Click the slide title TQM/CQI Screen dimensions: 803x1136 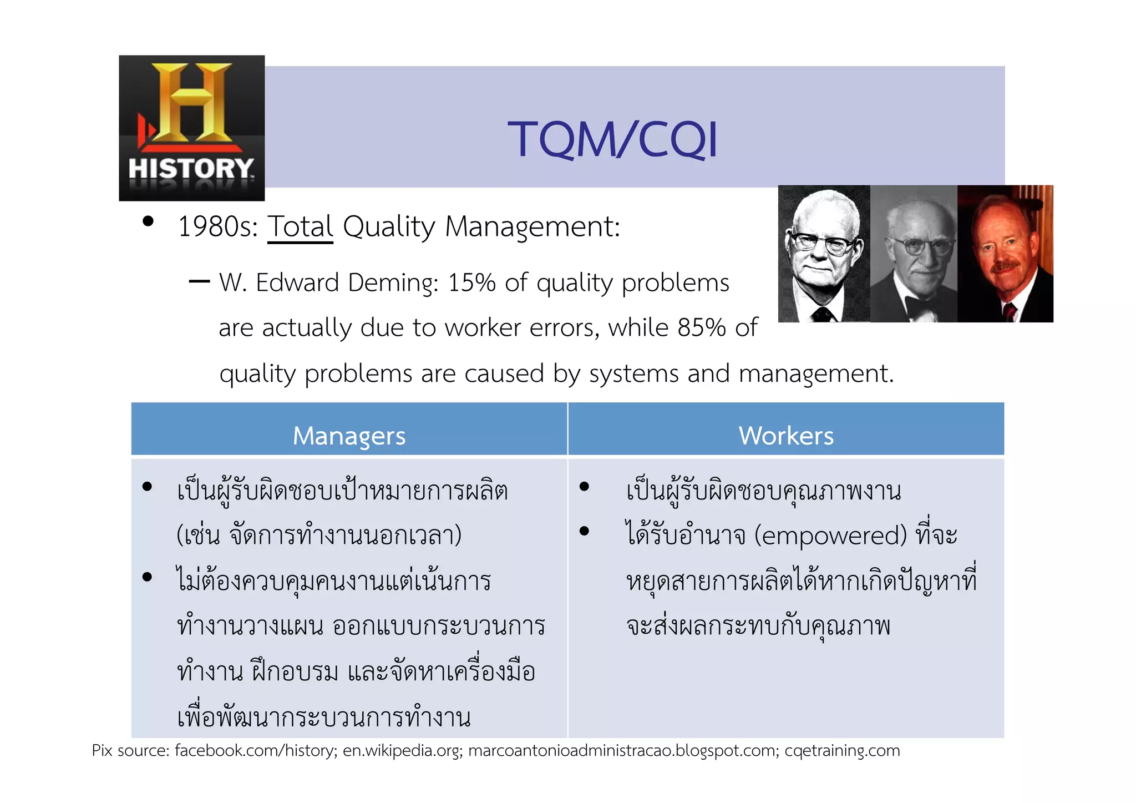point(612,139)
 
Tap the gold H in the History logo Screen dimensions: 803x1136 point(191,103)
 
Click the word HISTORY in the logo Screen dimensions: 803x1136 point(191,169)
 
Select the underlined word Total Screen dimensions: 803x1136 point(300,227)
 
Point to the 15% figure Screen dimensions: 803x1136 point(471,283)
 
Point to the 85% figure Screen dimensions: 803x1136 point(701,328)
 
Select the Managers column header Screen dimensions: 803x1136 point(349,436)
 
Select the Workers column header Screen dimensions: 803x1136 point(785,436)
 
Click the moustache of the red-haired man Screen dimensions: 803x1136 point(1005,267)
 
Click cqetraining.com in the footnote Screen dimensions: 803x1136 point(842,751)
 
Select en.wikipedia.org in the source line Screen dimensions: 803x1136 point(402,751)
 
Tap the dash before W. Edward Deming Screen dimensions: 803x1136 point(199,282)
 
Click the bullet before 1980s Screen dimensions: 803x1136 point(148,221)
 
